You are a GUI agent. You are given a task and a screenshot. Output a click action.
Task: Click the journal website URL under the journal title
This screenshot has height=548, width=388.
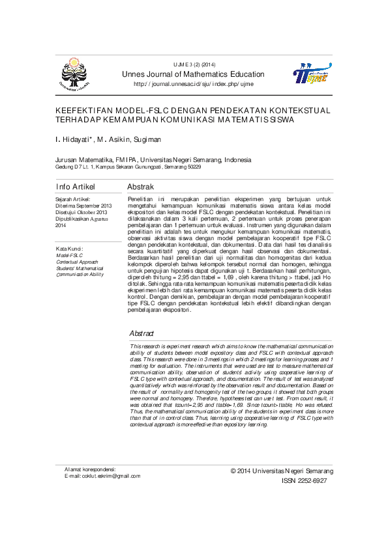tap(194, 84)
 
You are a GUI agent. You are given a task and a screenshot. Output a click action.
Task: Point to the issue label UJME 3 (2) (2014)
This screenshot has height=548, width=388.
tap(194, 64)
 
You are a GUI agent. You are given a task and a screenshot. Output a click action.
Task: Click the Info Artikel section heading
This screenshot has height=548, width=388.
tap(76, 187)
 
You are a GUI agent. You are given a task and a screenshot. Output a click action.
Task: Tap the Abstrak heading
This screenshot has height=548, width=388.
tap(140, 187)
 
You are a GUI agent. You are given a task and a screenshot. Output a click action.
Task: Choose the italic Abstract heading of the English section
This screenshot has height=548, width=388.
tap(142, 333)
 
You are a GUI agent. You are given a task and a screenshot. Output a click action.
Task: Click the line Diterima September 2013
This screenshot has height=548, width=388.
tap(83, 206)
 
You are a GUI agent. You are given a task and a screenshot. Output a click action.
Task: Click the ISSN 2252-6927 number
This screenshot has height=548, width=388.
tap(304, 481)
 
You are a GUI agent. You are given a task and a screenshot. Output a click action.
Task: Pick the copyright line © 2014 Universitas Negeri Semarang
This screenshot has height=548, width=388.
tap(282, 471)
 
